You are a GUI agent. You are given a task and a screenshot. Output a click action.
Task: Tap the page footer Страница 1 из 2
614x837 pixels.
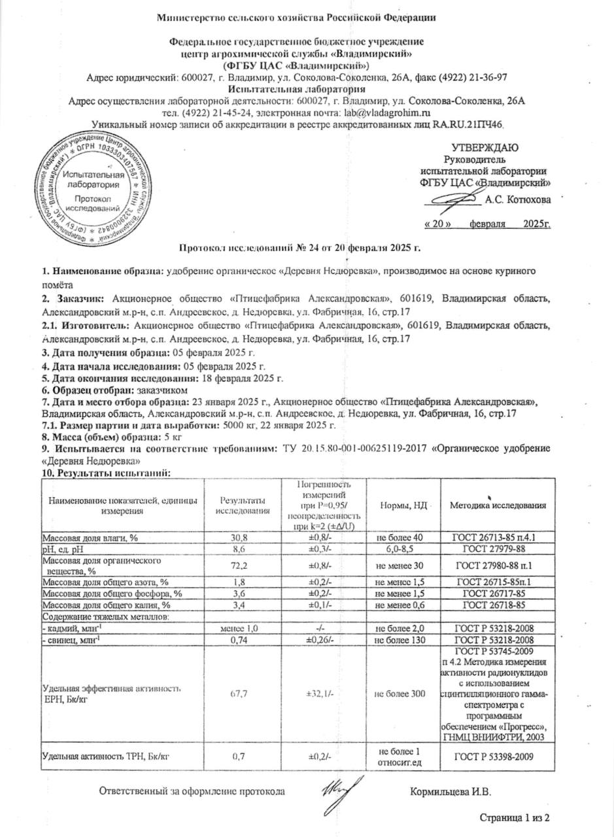pyautogui.click(x=515, y=818)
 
